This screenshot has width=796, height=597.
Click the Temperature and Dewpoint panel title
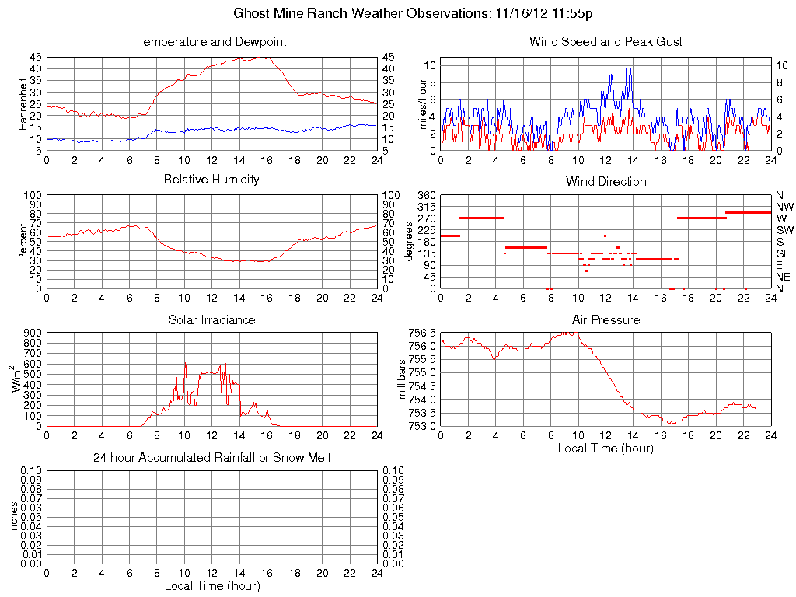[211, 41]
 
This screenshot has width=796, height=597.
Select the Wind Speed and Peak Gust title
[606, 41]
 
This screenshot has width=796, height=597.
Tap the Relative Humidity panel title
[211, 180]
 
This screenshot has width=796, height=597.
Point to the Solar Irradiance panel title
[211, 319]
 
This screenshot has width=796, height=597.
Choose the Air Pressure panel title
[606, 319]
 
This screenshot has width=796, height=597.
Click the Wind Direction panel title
[606, 181]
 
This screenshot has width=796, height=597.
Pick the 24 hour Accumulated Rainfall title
[211, 458]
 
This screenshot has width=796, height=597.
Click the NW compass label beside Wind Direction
[784, 207]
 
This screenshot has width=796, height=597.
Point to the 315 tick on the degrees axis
[426, 207]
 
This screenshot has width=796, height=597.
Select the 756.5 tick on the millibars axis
[421, 333]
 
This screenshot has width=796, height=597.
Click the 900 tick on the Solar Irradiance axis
[34, 333]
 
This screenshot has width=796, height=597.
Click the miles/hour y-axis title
[424, 104]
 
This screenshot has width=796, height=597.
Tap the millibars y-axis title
[402, 379]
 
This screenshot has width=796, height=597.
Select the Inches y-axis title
[12, 518]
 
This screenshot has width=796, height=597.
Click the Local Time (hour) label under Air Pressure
[606, 448]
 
